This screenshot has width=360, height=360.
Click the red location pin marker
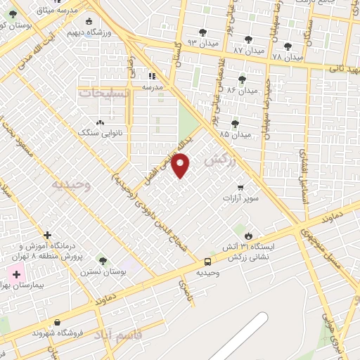(x=181, y=165)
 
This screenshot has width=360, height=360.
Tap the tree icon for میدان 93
(x=202, y=32)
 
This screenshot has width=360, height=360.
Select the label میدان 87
(x=249, y=51)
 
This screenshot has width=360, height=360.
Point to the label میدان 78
(x=287, y=56)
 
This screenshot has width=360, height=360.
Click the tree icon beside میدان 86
(x=243, y=79)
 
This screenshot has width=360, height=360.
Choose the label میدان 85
(x=235, y=134)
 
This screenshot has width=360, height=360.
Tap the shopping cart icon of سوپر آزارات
(x=241, y=188)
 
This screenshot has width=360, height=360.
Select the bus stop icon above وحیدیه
(x=206, y=261)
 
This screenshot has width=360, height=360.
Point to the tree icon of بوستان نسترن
(x=103, y=261)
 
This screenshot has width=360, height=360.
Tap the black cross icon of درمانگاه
(x=48, y=235)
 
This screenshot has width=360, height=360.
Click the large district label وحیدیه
(x=72, y=184)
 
